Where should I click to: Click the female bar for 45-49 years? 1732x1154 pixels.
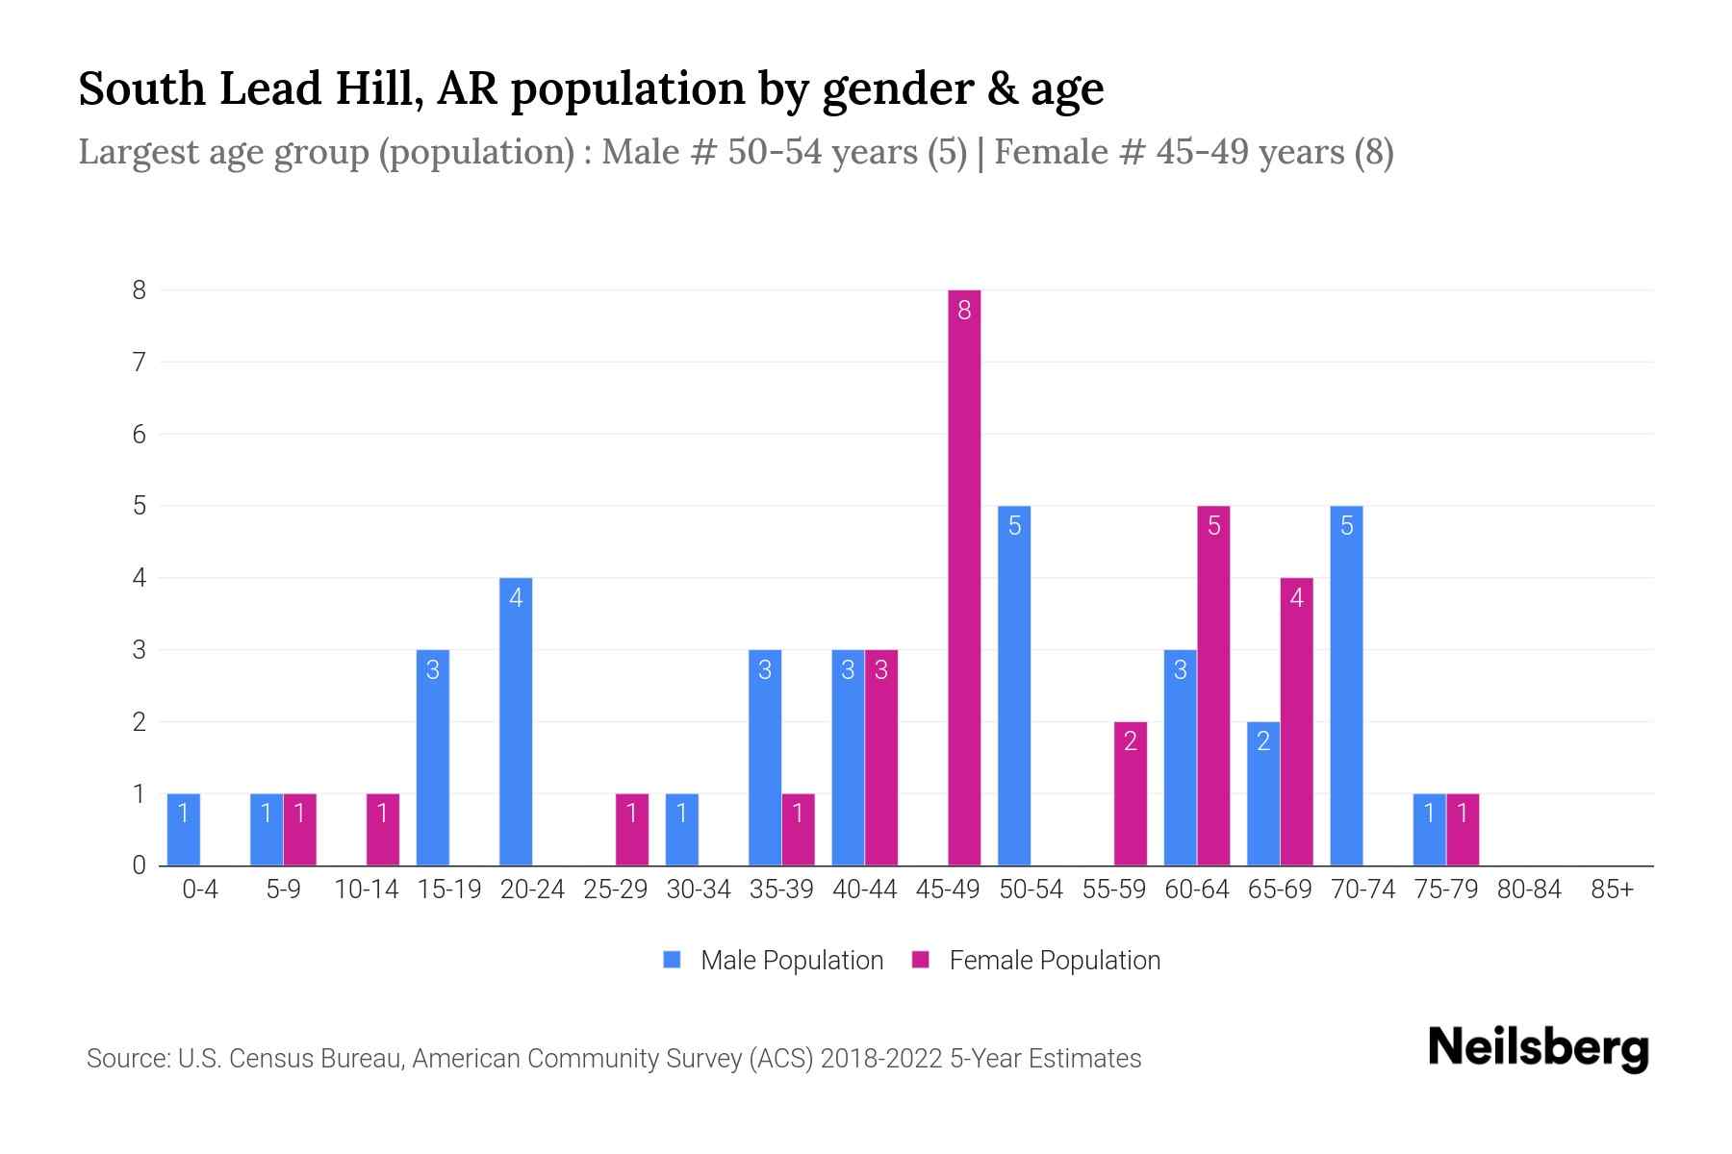tap(964, 577)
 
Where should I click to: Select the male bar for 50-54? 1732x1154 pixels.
tap(1014, 685)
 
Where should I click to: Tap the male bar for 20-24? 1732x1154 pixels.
tap(516, 721)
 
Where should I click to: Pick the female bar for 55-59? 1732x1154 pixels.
tap(1131, 793)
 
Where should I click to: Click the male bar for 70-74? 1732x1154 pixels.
tap(1346, 685)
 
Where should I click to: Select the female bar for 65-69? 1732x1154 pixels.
tap(1296, 721)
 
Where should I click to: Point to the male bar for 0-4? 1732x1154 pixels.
tap(184, 829)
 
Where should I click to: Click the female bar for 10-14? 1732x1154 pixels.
tap(383, 829)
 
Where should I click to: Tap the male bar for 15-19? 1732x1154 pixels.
tap(433, 757)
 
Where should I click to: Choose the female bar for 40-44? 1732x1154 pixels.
tap(881, 757)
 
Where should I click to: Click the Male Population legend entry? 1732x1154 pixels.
tap(774, 960)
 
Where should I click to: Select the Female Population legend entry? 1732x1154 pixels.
tap(1036, 960)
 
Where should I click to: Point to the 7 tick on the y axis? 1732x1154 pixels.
tap(140, 363)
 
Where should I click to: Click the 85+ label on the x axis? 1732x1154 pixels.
tap(1612, 890)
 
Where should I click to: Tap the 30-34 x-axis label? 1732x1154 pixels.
tap(699, 890)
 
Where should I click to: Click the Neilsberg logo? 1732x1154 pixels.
tap(1538, 1048)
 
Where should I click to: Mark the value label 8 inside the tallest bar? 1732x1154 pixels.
tap(964, 311)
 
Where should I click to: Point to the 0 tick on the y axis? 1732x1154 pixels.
tap(140, 865)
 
